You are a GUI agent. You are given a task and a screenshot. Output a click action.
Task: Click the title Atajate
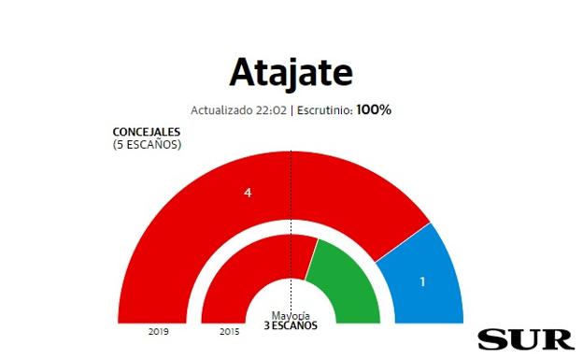pos(291,72)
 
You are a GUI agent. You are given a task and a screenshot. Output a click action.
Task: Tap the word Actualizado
pos(221,109)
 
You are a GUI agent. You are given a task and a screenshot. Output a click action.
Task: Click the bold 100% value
pos(374,109)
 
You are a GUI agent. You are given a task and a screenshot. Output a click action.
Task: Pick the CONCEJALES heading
pos(147,132)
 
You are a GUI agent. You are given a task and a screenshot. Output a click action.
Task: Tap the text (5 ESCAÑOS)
pos(147,144)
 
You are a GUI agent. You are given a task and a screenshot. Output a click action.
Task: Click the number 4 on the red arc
pos(248,193)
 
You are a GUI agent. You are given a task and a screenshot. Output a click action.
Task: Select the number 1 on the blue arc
pos(422,281)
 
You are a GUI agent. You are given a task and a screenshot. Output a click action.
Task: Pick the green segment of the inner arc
pos(343,281)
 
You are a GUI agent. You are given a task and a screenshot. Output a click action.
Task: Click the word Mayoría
pos(291,315)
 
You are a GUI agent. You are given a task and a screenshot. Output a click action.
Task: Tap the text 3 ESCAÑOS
pos(291,325)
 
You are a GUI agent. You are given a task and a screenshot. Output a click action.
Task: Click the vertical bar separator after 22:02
pos(291,109)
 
